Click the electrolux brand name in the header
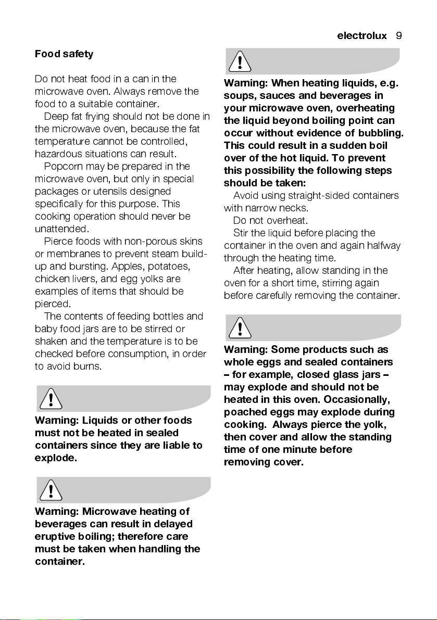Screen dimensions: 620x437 pyautogui.click(x=362, y=36)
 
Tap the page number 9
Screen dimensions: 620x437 pyautogui.click(x=399, y=36)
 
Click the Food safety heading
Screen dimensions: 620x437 pyautogui.click(x=64, y=54)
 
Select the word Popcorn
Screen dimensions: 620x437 pyautogui.click(x=62, y=166)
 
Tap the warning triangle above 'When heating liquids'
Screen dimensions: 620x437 pyautogui.click(x=239, y=62)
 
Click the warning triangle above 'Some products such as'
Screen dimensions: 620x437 pyautogui.click(x=239, y=328)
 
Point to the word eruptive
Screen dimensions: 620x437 pyautogui.click(x=54, y=536)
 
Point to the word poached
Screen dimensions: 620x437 pyautogui.click(x=244, y=412)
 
